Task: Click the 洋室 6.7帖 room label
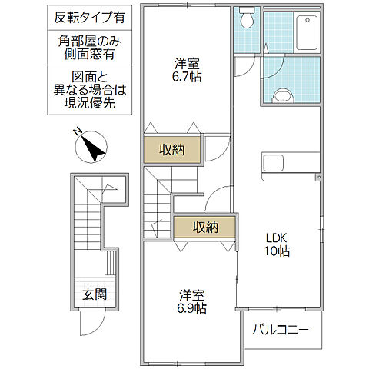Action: point(185,70)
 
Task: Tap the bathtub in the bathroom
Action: point(291,31)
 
